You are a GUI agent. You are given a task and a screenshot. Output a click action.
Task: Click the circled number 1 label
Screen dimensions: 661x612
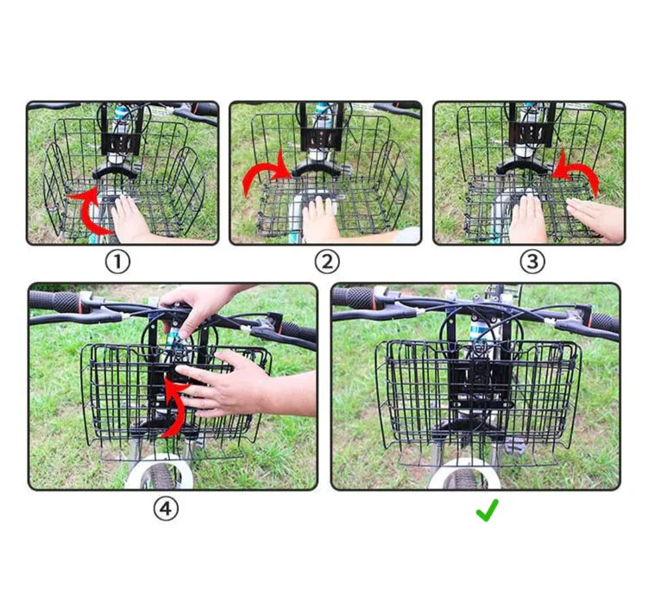[x=117, y=261]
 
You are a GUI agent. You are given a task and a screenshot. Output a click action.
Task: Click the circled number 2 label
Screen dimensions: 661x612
[x=327, y=261]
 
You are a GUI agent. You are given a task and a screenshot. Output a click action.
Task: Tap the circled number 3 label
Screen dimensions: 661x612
[x=532, y=261]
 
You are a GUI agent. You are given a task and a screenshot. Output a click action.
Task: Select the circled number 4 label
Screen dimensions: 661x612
[x=166, y=509]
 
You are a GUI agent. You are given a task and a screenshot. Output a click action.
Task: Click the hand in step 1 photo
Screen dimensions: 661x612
[x=130, y=220]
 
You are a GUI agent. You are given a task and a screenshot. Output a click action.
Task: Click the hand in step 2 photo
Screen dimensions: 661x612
[x=321, y=220]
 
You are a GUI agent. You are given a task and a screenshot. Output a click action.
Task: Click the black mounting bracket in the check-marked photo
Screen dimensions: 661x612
[x=476, y=379]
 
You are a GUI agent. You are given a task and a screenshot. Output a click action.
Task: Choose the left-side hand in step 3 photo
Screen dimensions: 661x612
[x=527, y=219]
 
